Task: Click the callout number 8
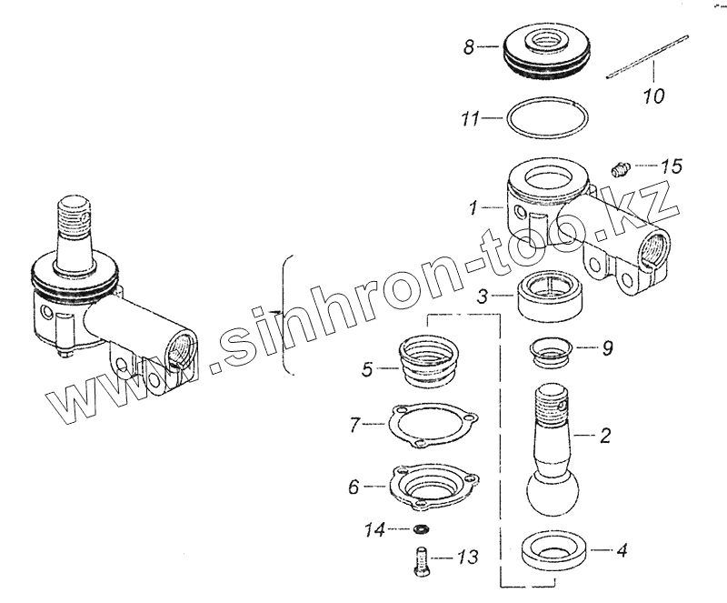click(x=469, y=47)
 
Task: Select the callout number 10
click(x=653, y=95)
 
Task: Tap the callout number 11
click(x=470, y=117)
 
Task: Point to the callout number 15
click(x=671, y=166)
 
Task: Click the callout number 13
click(x=467, y=557)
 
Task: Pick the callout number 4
click(x=621, y=549)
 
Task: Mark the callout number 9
click(x=606, y=347)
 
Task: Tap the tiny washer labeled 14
click(x=422, y=528)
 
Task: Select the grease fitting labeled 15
click(x=620, y=168)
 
